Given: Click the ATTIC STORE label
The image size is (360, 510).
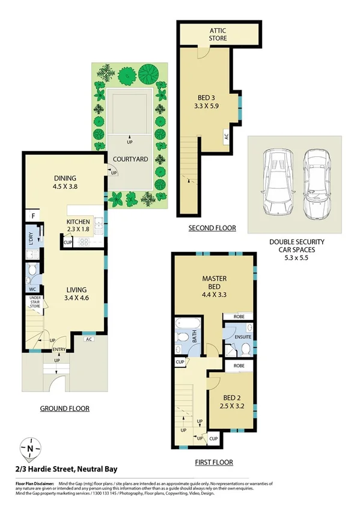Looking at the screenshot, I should click(x=218, y=34).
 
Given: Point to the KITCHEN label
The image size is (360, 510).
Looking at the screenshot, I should click(x=78, y=225).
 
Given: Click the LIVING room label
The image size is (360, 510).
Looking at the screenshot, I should click(x=77, y=293).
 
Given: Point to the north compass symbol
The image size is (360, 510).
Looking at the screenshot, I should click(x=29, y=448).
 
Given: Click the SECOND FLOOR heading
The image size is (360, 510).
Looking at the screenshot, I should click(x=212, y=228).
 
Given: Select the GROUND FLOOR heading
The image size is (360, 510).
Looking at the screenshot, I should click(x=64, y=408).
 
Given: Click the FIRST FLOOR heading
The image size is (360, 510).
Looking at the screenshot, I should click(x=214, y=462).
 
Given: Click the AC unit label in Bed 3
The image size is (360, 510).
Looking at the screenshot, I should click(x=226, y=137).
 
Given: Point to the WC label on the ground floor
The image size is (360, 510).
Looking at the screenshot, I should click(x=32, y=289).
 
